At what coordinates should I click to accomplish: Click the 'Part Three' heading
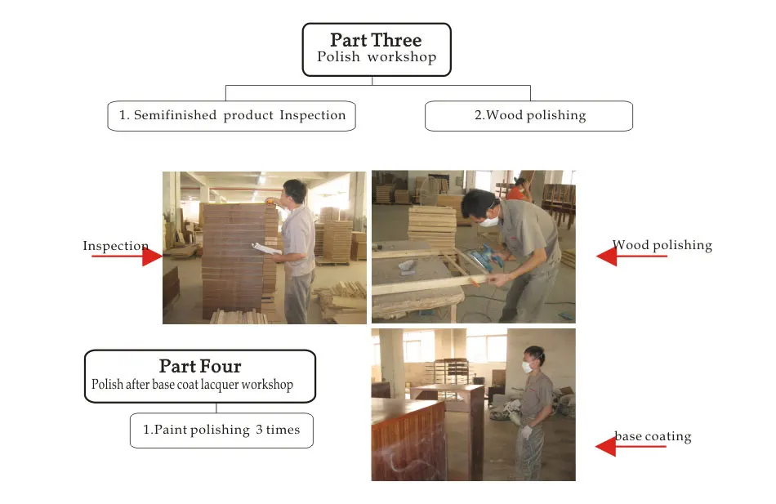point(376,40)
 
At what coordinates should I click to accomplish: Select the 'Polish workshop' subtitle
point(377,57)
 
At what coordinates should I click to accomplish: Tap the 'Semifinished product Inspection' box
point(232,115)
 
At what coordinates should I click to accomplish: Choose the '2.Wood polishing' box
point(529,115)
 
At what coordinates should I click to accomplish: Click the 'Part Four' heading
point(200,366)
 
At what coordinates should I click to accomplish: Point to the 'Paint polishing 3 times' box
point(221,430)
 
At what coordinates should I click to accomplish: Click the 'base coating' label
point(653,436)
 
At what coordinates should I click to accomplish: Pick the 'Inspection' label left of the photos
point(115,246)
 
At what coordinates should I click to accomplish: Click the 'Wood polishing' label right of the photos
point(662,244)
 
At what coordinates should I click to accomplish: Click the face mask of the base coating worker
point(527,367)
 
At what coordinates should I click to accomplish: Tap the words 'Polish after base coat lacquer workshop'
point(192,384)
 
